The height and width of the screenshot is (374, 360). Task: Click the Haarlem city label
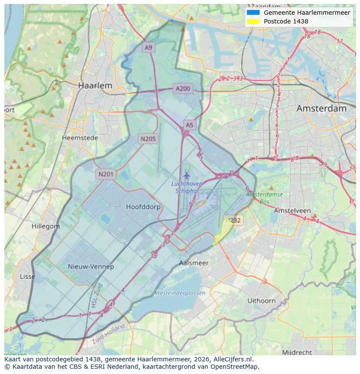coord(95,86)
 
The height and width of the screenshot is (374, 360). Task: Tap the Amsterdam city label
coord(321,109)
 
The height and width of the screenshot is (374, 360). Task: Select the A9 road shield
coord(149,47)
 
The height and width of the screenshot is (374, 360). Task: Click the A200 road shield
coord(183,89)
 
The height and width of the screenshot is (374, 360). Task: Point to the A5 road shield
coord(190,125)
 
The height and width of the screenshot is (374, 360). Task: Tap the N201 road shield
coord(106,174)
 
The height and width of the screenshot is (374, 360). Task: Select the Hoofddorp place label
coord(143,207)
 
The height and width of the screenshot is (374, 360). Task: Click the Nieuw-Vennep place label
coord(91,266)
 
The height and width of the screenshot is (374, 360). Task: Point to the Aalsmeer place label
coord(194,263)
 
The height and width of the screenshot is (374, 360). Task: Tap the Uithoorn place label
coord(261,301)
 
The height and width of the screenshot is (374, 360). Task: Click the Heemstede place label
coord(80,138)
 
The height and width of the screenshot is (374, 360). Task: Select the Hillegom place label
coord(46,226)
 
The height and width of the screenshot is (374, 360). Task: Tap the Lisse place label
coord(28,277)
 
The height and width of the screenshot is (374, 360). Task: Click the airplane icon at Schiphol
coord(187,175)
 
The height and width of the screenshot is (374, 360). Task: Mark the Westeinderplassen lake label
coord(180,293)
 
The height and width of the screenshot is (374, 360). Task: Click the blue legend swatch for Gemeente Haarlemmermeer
coord(253,13)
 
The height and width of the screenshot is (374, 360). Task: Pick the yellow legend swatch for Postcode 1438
coord(253,21)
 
